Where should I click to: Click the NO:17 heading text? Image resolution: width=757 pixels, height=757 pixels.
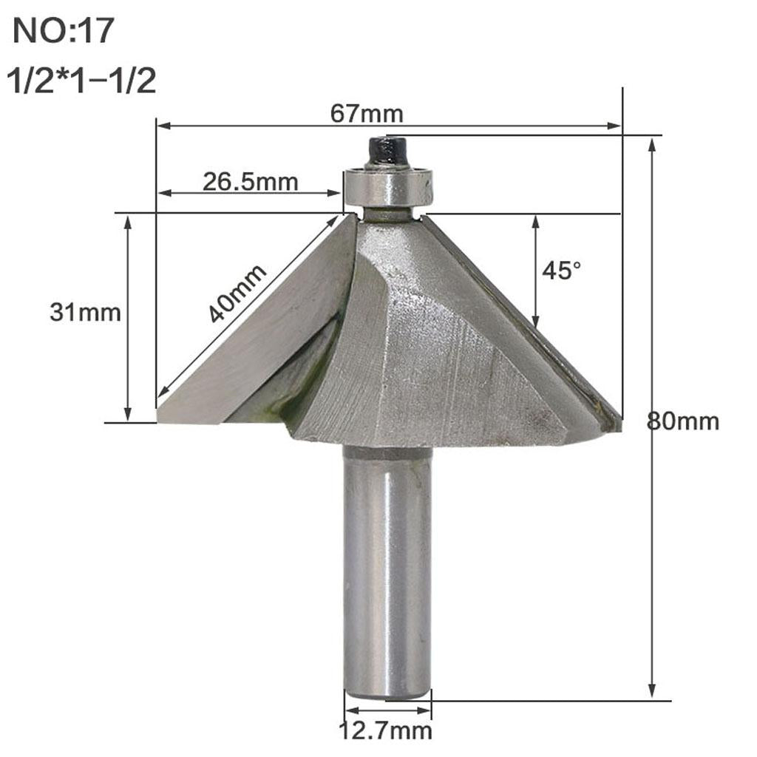[x=64, y=33]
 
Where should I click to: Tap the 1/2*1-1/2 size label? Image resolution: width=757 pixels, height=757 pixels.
[x=81, y=80]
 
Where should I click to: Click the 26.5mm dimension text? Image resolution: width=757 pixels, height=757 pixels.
[x=251, y=181]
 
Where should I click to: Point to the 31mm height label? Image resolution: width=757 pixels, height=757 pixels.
[x=85, y=313]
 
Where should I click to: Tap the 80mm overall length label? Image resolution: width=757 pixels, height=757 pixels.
[x=682, y=422]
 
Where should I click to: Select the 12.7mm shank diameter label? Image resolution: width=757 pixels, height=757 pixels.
[x=385, y=732]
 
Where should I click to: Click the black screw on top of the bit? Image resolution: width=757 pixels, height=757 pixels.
[x=387, y=152]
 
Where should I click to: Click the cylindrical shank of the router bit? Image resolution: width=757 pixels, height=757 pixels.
[x=387, y=569]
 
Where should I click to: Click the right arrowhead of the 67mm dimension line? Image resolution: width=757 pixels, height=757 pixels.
[x=616, y=126]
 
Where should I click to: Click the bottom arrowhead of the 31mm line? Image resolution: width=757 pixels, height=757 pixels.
[x=129, y=415]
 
